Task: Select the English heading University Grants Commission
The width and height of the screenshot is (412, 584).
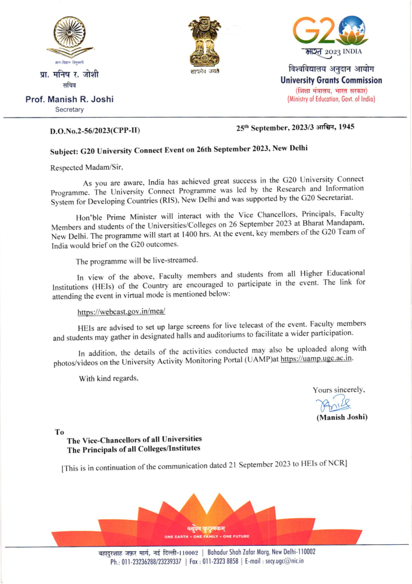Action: tap(331, 81)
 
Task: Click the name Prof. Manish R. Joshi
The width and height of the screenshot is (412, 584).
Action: tap(69, 99)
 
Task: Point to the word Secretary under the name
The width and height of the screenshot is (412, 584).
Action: tap(69, 110)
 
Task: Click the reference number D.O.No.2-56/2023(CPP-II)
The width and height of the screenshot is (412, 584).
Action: tap(95, 131)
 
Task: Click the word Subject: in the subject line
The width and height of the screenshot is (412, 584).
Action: tap(64, 151)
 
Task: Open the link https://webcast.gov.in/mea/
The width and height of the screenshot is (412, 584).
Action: tap(121, 312)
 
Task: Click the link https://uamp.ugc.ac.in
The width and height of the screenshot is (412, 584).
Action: tap(316, 359)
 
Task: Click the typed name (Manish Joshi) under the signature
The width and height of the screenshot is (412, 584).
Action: tap(342, 417)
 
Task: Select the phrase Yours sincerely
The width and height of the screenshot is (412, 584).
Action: tap(339, 390)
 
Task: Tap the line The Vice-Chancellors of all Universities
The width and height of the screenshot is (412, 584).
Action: tap(134, 439)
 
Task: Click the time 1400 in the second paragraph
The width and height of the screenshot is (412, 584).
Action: tap(189, 235)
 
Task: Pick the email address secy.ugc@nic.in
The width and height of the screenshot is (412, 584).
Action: tap(284, 561)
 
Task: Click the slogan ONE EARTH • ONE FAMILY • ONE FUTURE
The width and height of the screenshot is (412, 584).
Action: tap(207, 536)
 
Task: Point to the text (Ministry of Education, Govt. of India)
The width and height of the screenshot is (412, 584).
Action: tap(331, 99)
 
